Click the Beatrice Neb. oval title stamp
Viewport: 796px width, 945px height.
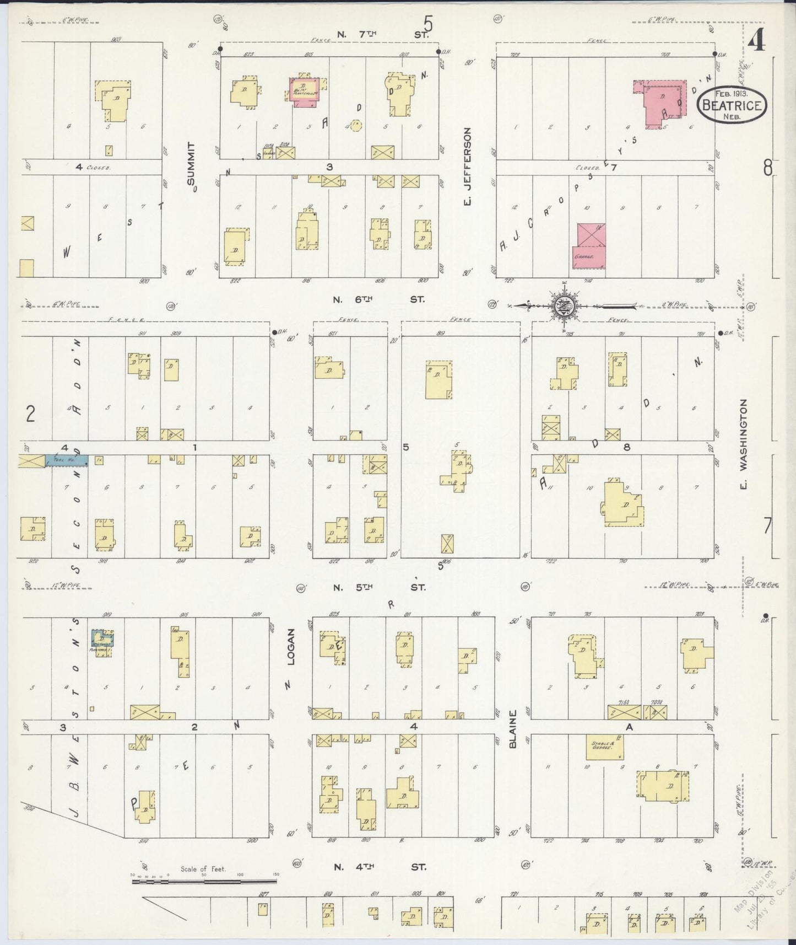(x=733, y=104)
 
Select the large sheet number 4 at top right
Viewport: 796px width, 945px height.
(x=757, y=40)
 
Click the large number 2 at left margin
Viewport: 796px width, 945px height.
(x=30, y=414)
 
